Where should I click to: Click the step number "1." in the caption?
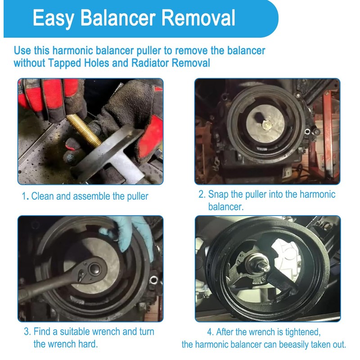(26, 196)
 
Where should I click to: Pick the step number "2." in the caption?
(202, 195)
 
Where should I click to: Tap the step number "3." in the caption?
(27, 332)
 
